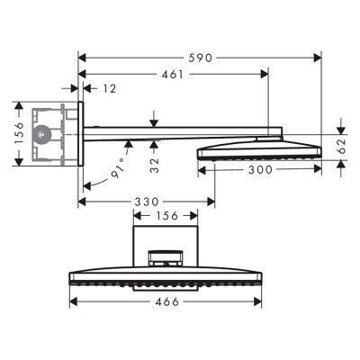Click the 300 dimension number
point(261,168)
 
